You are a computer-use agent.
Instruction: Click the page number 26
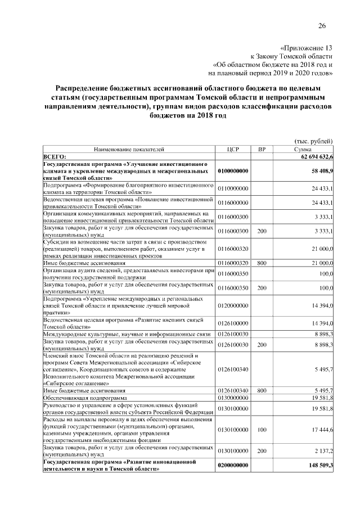point(322,25)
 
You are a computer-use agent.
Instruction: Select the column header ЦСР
point(233,149)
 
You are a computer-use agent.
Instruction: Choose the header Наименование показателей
point(129,149)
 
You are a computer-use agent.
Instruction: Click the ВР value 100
point(262,430)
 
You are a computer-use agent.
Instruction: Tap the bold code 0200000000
point(233,466)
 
